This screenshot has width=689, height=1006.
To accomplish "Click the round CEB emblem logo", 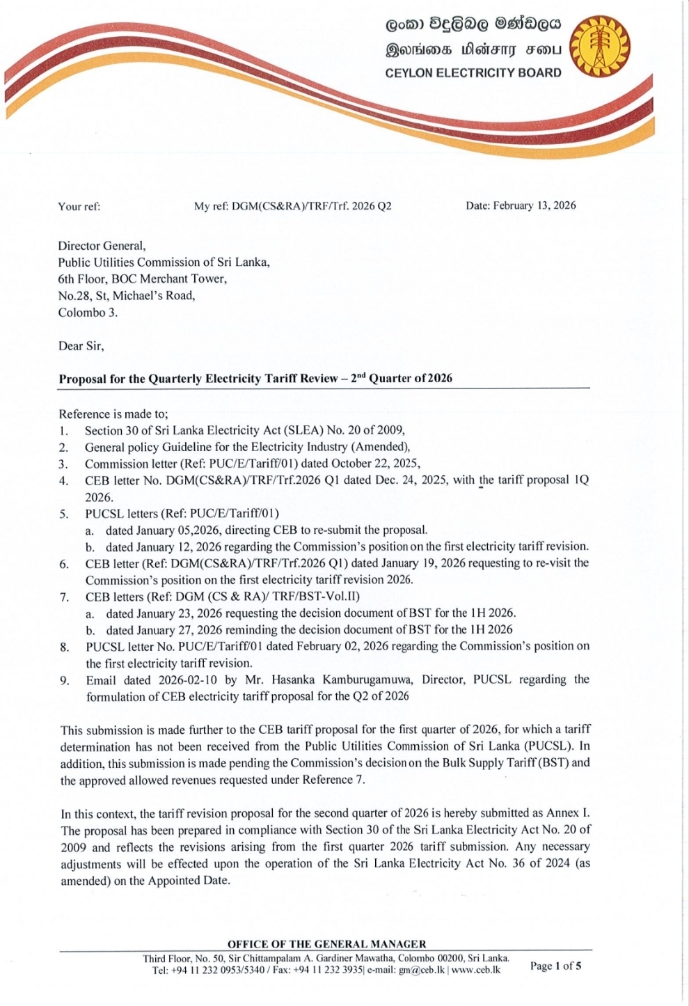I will pos(600,47).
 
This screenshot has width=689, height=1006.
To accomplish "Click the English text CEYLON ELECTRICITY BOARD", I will pos(473,72).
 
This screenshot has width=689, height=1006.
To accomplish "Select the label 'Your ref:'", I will pos(79,206).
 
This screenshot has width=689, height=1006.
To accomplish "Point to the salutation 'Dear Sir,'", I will pos(81,346).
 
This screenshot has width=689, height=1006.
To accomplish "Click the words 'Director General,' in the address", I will pos(102,246).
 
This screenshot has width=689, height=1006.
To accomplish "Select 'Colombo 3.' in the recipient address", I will pos(88,313).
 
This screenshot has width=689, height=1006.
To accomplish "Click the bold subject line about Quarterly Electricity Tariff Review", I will pos(255,379).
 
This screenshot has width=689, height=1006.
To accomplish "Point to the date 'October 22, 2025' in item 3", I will pos(376,464).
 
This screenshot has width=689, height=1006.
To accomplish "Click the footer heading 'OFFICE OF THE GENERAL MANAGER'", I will pos(326,944).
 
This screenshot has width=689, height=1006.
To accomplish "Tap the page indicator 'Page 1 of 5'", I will pos(556,966).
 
